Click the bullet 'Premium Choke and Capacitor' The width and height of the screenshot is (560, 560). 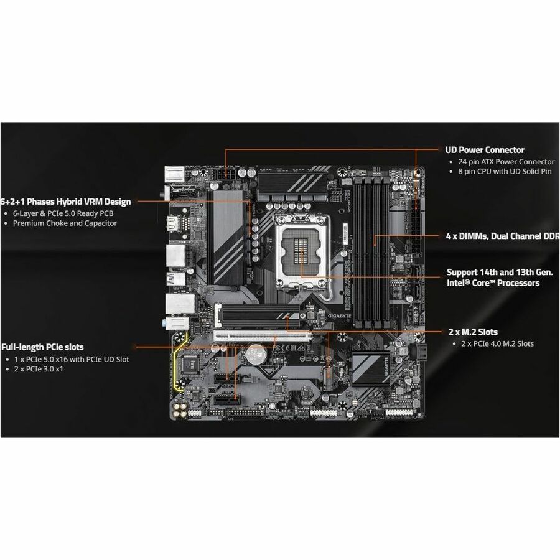(x=65, y=223)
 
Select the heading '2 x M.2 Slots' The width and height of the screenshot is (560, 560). (x=472, y=332)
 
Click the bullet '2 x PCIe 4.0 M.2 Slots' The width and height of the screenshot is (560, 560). (x=497, y=343)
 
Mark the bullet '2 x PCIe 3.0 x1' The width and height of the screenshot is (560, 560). (x=38, y=369)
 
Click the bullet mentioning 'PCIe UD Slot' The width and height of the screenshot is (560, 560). (x=71, y=359)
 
